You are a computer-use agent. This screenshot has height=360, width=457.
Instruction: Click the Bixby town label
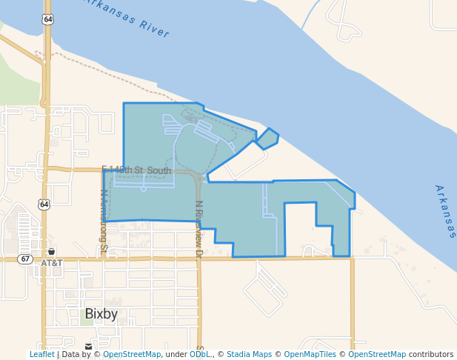(x=101, y=314)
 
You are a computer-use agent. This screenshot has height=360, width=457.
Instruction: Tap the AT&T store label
(x=52, y=263)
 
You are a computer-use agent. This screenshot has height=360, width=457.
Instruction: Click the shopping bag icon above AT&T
(x=51, y=252)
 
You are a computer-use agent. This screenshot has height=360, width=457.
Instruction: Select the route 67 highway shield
(x=26, y=259)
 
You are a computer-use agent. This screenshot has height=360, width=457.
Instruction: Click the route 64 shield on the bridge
(x=48, y=19)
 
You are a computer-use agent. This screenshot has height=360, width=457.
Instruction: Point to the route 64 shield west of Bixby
(x=44, y=204)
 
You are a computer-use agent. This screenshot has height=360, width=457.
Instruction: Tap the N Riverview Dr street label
(x=199, y=229)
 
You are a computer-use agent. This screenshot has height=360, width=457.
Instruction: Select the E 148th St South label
(x=137, y=170)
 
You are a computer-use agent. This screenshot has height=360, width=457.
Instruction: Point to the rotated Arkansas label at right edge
(x=445, y=212)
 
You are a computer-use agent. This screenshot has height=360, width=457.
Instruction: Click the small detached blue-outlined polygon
(x=267, y=139)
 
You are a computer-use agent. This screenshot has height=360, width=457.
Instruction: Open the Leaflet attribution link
(x=41, y=354)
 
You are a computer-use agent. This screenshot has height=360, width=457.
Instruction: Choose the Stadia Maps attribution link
(x=249, y=354)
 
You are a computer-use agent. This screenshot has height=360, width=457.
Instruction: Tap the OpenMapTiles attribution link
(x=310, y=354)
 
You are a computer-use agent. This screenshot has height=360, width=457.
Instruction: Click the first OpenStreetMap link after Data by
(x=132, y=354)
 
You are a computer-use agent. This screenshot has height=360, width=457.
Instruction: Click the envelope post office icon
(x=89, y=347)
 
